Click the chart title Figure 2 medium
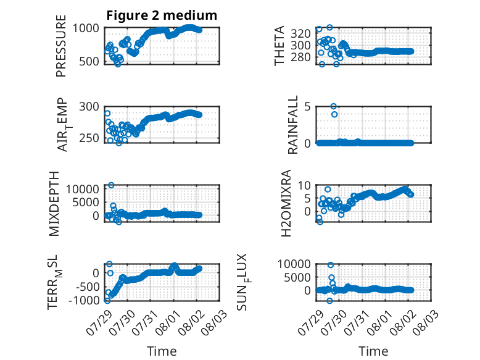(162, 15)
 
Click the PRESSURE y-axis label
(61, 46)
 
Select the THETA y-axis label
(279, 46)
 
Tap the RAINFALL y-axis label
(292, 125)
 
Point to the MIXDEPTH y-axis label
(54, 204)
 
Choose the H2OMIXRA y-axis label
(286, 203)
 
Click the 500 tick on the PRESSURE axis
(89, 62)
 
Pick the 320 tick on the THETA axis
(300, 33)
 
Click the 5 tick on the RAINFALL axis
(307, 107)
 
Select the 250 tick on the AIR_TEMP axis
(89, 138)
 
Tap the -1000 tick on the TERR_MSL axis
(84, 300)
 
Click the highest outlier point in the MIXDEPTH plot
(111, 185)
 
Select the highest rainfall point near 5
(333, 106)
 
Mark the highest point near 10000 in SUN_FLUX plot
(330, 265)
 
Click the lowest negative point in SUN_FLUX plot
(329, 301)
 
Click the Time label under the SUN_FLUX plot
(373, 351)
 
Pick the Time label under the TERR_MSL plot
(162, 351)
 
